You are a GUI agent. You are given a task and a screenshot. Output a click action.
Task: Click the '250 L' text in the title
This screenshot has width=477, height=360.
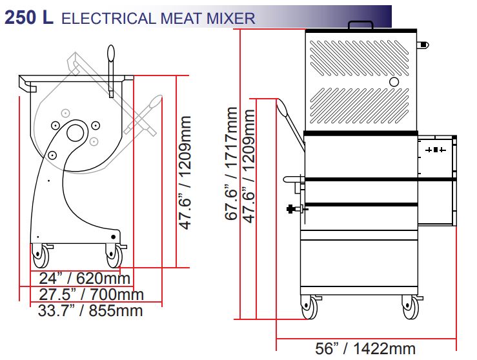pyautogui.click(x=29, y=17)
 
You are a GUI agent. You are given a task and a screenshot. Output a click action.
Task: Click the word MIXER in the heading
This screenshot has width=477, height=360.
pyautogui.click(x=231, y=19)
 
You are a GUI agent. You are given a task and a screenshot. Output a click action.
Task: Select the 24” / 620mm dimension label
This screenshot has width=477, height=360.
pyautogui.click(x=85, y=278)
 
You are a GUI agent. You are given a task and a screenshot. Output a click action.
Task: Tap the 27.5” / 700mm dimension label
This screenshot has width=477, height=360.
pyautogui.click(x=91, y=294)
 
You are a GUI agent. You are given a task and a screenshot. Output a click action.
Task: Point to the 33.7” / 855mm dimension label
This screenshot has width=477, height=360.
pyautogui.click(x=90, y=310)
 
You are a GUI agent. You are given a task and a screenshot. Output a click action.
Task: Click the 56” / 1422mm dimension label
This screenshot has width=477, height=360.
pyautogui.click(x=365, y=348)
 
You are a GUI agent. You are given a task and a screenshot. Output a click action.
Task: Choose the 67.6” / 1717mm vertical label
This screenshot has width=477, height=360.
pyautogui.click(x=232, y=163)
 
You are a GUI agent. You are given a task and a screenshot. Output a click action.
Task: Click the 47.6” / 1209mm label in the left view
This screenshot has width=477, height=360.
pyautogui.click(x=185, y=172)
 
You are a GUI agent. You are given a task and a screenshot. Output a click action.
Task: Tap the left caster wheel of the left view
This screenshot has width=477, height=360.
pyautogui.click(x=41, y=256)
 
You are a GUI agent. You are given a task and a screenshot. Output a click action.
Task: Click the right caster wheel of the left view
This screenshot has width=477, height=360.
pyautogui.click(x=114, y=256)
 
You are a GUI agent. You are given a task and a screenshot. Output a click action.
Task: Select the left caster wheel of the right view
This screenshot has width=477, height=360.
pyautogui.click(x=309, y=307)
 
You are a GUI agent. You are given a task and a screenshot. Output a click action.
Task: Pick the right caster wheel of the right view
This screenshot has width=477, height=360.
pyautogui.click(x=411, y=307)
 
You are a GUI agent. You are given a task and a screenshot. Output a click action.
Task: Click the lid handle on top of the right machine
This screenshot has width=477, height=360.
pyautogui.click(x=361, y=25)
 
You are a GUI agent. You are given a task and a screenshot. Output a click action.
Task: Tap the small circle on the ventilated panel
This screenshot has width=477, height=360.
pyautogui.click(x=394, y=82)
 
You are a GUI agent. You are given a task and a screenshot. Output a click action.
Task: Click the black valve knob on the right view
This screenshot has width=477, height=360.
pyautogui.click(x=291, y=209)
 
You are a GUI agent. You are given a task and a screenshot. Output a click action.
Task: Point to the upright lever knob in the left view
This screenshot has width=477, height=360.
pyautogui.click(x=111, y=53)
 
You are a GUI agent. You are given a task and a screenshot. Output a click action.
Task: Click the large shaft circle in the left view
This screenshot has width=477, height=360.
pyautogui.click(x=75, y=133)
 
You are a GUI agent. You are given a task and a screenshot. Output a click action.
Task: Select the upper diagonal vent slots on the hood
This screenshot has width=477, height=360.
pyautogui.click(x=359, y=58)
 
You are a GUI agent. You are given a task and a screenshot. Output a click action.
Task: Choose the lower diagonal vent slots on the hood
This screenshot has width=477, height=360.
pyautogui.click(x=359, y=106)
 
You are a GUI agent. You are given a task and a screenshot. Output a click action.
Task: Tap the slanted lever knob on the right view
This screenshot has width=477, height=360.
pyautogui.click(x=283, y=108)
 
